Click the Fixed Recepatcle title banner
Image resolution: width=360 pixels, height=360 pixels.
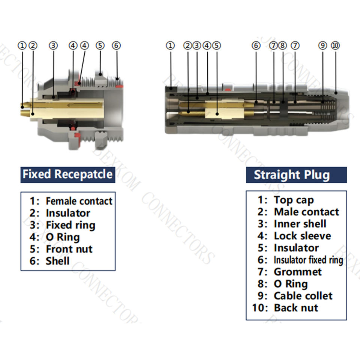(67, 174)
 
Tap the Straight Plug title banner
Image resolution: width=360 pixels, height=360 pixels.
(292, 175)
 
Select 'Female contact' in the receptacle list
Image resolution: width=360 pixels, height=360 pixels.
(79, 201)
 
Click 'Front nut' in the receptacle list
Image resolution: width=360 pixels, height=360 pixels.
(69, 249)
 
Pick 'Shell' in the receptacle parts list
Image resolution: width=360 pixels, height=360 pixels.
(58, 261)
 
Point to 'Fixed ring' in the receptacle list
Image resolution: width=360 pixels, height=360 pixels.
(70, 225)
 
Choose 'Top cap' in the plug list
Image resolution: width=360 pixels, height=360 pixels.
(294, 200)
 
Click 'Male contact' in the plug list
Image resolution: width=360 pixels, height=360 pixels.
(306, 212)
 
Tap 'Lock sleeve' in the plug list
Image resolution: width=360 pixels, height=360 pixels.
(302, 236)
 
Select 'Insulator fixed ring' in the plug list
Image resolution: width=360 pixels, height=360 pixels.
(308, 260)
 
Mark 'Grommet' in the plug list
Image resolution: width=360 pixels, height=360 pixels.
(298, 272)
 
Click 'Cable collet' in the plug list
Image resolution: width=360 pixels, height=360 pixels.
(303, 296)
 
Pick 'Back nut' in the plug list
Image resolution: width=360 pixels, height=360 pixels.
(296, 308)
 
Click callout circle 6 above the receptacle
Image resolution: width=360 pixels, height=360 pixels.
(116, 46)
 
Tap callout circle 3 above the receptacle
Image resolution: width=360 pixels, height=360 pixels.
(54, 46)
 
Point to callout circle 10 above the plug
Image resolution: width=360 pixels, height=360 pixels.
(335, 46)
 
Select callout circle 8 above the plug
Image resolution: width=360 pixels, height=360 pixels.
(283, 46)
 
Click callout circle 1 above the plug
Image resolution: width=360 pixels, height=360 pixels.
(171, 46)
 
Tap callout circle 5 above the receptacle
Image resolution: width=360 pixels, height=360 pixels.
(100, 46)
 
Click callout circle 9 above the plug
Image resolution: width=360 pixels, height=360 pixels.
(323, 46)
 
